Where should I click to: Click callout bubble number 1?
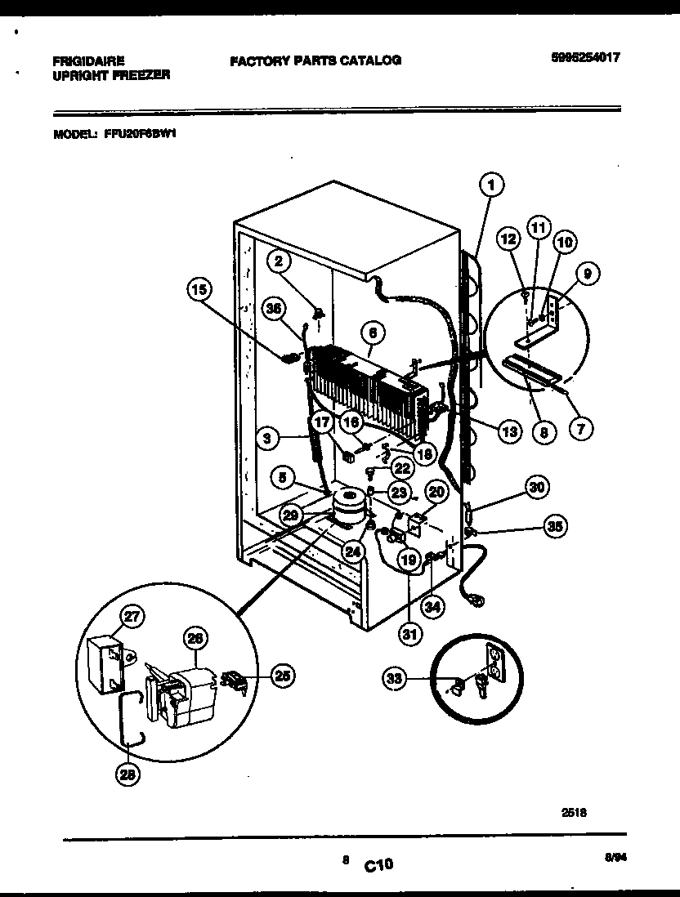point(490,186)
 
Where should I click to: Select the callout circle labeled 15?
point(199,288)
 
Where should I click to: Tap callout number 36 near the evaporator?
point(275,308)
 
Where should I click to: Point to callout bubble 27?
point(131,617)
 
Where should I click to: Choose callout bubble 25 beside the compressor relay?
point(282,676)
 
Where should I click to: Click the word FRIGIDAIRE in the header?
point(88,60)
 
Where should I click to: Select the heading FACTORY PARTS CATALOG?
point(315,60)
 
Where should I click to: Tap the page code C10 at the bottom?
point(378,864)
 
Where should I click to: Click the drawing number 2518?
point(575,812)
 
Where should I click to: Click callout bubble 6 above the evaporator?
point(373,333)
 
